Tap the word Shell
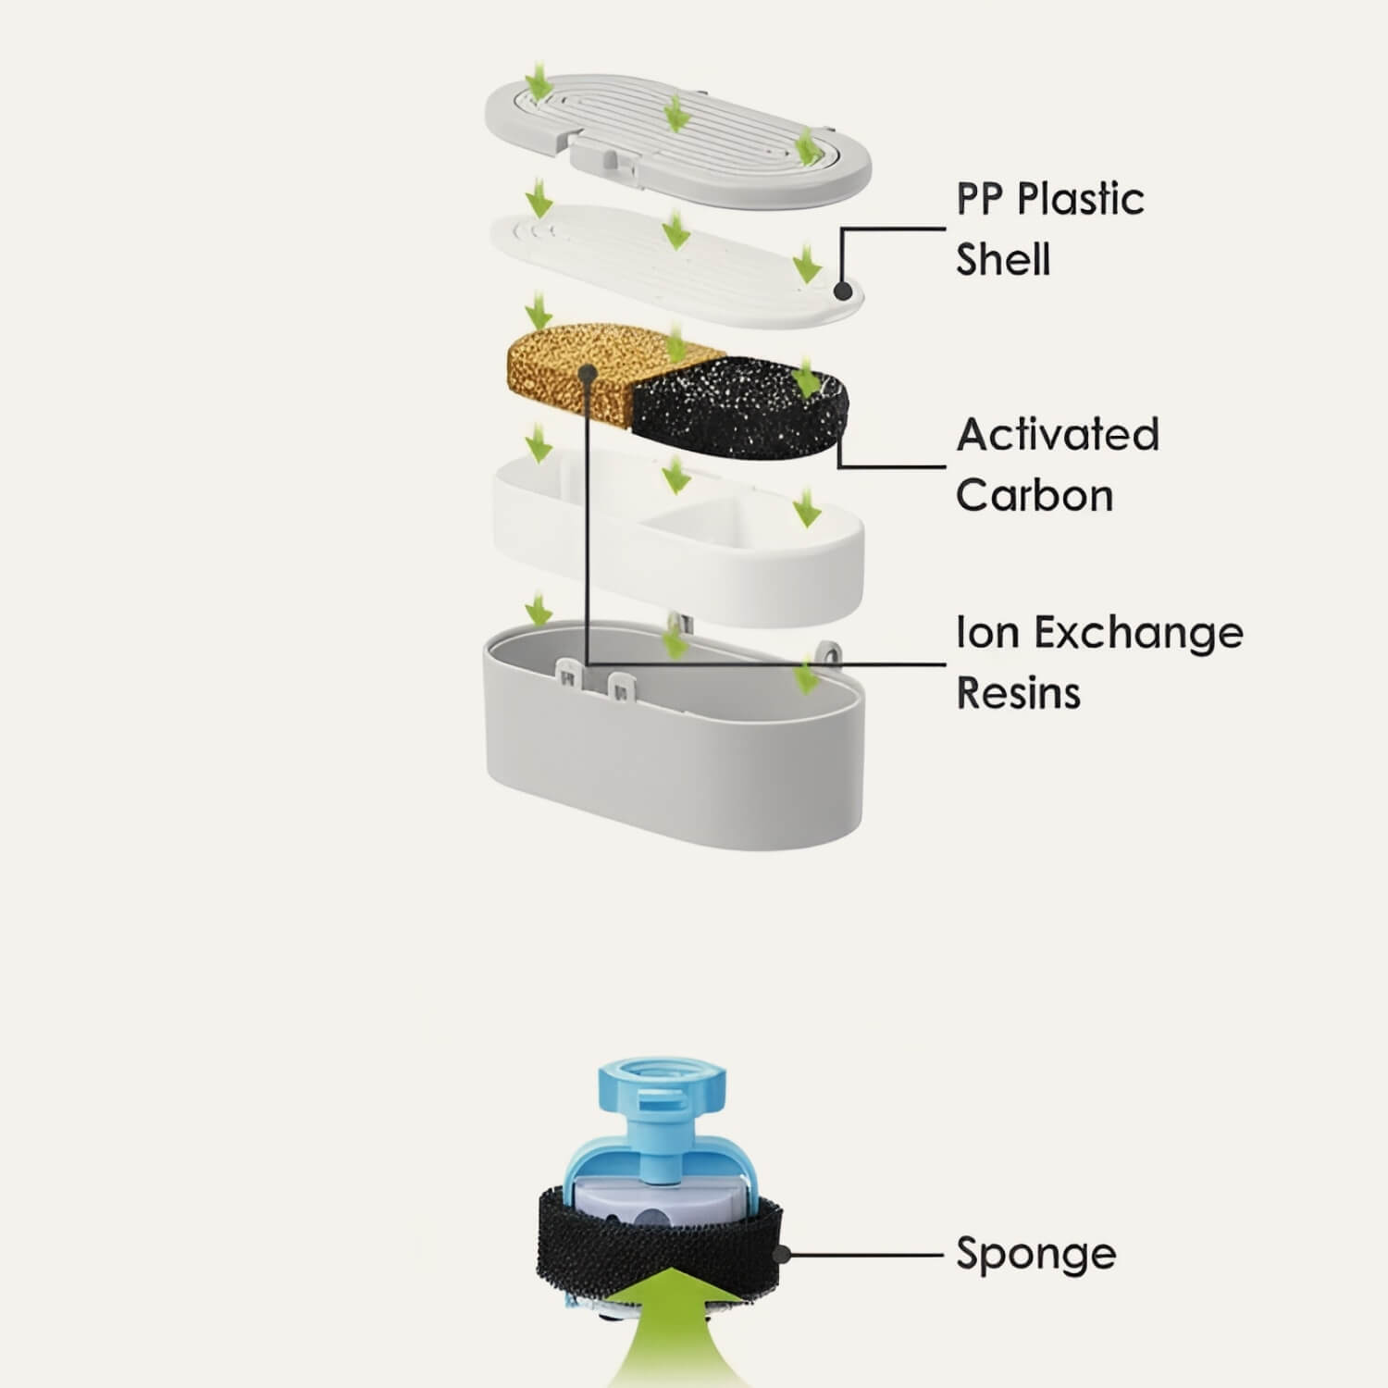(1003, 260)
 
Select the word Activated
(1057, 435)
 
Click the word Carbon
(1034, 496)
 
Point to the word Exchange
(1137, 634)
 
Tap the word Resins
(1018, 693)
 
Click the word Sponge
(1035, 1255)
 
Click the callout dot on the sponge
(783, 1256)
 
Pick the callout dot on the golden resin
(587, 372)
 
